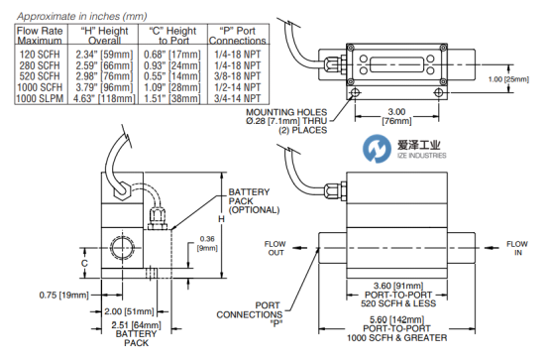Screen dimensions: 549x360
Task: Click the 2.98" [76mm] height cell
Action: pos(104,76)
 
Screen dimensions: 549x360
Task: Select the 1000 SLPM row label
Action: pos(40,98)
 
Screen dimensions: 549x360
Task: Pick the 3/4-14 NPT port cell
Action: pos(238,98)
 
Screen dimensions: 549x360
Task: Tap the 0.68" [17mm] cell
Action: pos(172,55)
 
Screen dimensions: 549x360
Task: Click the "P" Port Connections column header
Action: pos(238,36)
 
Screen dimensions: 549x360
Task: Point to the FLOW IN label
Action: pos(517,248)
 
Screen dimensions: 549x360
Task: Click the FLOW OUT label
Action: pos(275,248)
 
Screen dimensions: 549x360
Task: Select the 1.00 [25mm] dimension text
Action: pos(508,79)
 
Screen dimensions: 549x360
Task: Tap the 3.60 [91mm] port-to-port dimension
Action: pos(398,286)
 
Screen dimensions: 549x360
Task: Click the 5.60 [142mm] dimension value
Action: pos(397,319)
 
